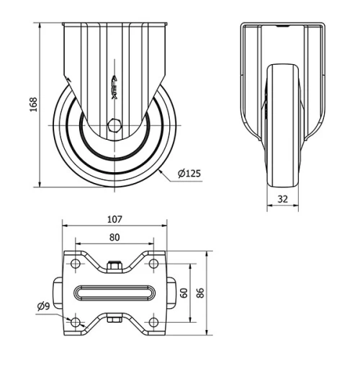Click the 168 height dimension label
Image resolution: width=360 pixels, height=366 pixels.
[32, 105]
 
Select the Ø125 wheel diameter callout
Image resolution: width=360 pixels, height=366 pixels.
[189, 173]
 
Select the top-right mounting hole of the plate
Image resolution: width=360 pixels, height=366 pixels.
[153, 264]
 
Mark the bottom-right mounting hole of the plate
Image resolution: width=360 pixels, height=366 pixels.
[153, 321]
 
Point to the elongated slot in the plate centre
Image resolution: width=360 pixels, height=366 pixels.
[114, 293]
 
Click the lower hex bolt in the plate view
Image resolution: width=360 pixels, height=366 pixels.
[114, 318]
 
